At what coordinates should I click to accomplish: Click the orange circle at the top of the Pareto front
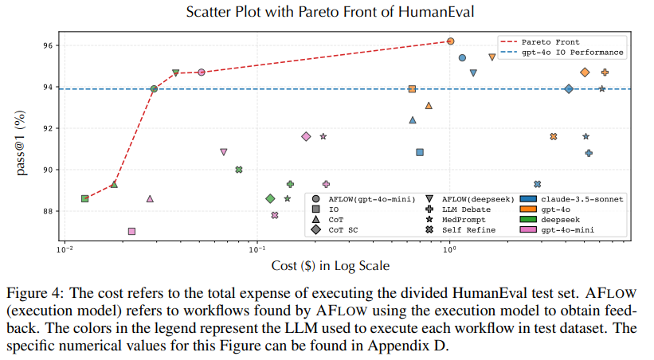coord(450,41)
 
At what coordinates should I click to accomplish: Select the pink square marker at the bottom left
coord(131,231)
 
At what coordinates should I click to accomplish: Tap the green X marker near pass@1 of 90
coord(238,170)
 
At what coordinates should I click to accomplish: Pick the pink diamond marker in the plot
coord(306,136)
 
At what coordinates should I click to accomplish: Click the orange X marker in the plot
coord(554,136)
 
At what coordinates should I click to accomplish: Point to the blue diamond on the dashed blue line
coord(568,88)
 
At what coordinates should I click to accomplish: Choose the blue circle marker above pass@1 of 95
coord(462,57)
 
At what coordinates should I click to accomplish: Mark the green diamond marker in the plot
coord(270,198)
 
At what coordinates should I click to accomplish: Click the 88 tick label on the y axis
coord(49,211)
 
